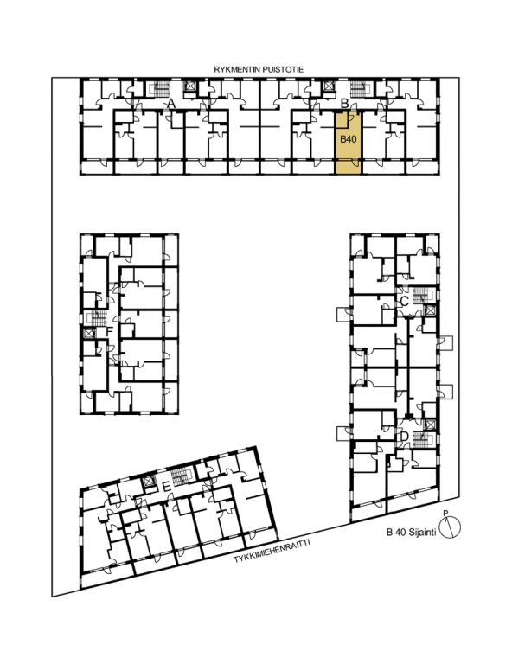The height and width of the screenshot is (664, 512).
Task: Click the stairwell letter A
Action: tap(171, 103)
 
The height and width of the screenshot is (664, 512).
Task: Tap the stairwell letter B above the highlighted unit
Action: tap(344, 103)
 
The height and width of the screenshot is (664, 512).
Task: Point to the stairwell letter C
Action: tap(404, 302)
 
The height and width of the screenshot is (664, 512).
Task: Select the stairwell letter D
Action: tap(404, 436)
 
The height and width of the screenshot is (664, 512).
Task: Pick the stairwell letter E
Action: tap(167, 487)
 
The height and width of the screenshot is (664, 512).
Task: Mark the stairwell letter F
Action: tap(109, 331)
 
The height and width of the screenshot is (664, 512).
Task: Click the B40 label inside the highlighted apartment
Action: tap(349, 139)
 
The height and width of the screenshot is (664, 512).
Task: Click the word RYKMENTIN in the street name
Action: tap(234, 70)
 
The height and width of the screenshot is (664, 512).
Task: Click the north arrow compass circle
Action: tap(450, 527)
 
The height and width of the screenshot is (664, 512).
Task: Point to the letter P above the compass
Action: tap(445, 514)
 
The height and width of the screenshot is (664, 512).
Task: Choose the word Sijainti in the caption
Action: tap(422, 533)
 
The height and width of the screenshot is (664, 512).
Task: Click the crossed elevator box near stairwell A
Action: tap(189, 86)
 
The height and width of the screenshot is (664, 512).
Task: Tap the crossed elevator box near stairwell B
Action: tap(328, 86)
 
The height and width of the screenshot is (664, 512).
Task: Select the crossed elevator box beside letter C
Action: tap(430, 310)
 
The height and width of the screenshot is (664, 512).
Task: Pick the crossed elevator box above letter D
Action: tap(430, 425)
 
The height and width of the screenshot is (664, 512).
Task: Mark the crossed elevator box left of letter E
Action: tap(149, 482)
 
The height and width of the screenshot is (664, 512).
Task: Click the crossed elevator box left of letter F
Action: tap(88, 333)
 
